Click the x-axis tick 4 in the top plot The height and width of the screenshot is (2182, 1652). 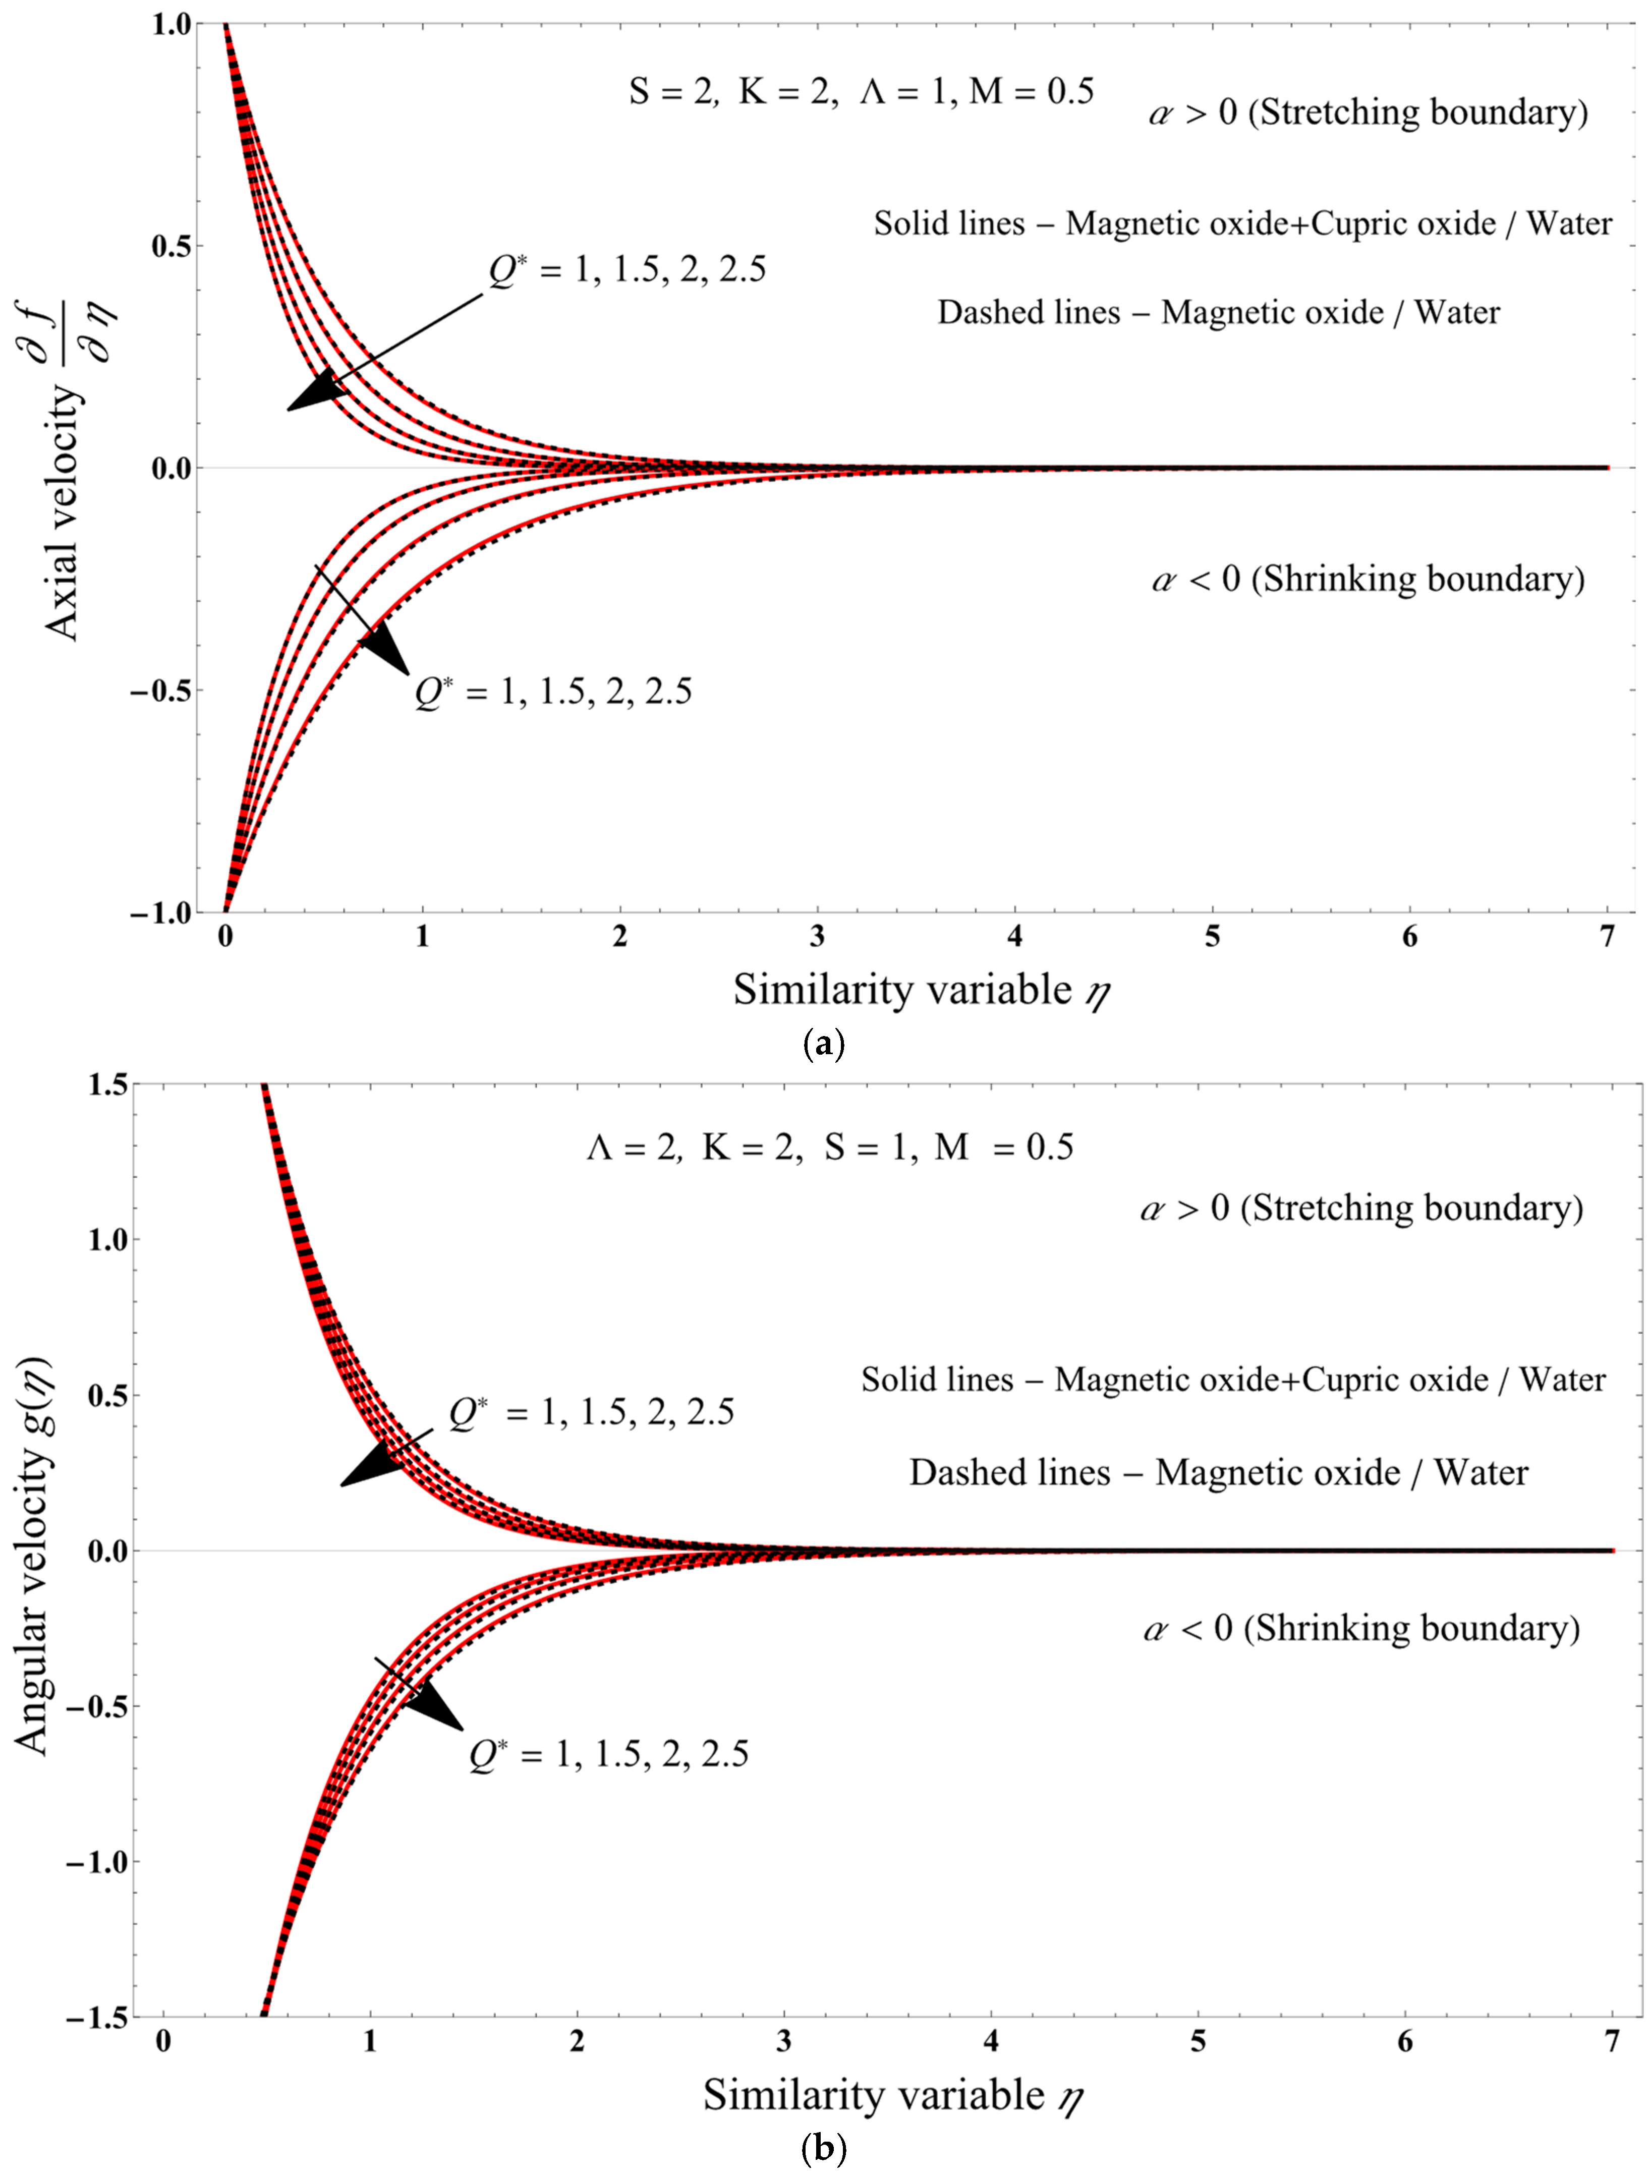(1015, 936)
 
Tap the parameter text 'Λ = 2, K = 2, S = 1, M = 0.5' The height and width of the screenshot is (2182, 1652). (829, 1147)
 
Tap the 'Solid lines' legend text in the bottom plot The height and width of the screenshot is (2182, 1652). (937, 1379)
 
